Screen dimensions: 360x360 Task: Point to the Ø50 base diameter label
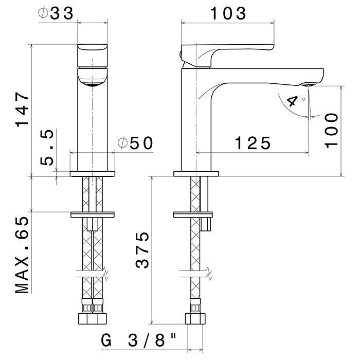[135, 143]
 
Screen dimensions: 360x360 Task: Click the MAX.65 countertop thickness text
[22, 255]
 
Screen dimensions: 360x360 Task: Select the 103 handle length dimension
[227, 14]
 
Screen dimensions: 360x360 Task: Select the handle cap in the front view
[93, 54]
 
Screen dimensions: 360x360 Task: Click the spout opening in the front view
[93, 83]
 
